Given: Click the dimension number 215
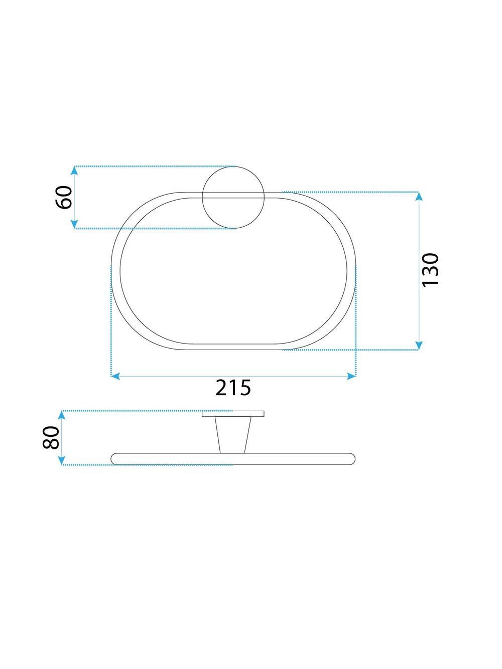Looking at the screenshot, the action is click(233, 388).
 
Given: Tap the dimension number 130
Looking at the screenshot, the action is click(430, 270).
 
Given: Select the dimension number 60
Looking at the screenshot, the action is click(64, 197).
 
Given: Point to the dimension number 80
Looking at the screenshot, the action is click(51, 438).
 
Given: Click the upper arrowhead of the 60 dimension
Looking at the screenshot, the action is click(74, 171).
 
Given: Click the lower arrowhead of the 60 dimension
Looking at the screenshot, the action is click(74, 224).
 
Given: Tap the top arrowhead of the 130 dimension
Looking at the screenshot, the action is click(419, 196).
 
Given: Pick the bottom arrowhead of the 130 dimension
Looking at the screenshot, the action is click(419, 346).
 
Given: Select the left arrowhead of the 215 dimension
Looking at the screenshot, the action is click(115, 376).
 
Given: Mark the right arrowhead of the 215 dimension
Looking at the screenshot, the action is click(351, 376).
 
